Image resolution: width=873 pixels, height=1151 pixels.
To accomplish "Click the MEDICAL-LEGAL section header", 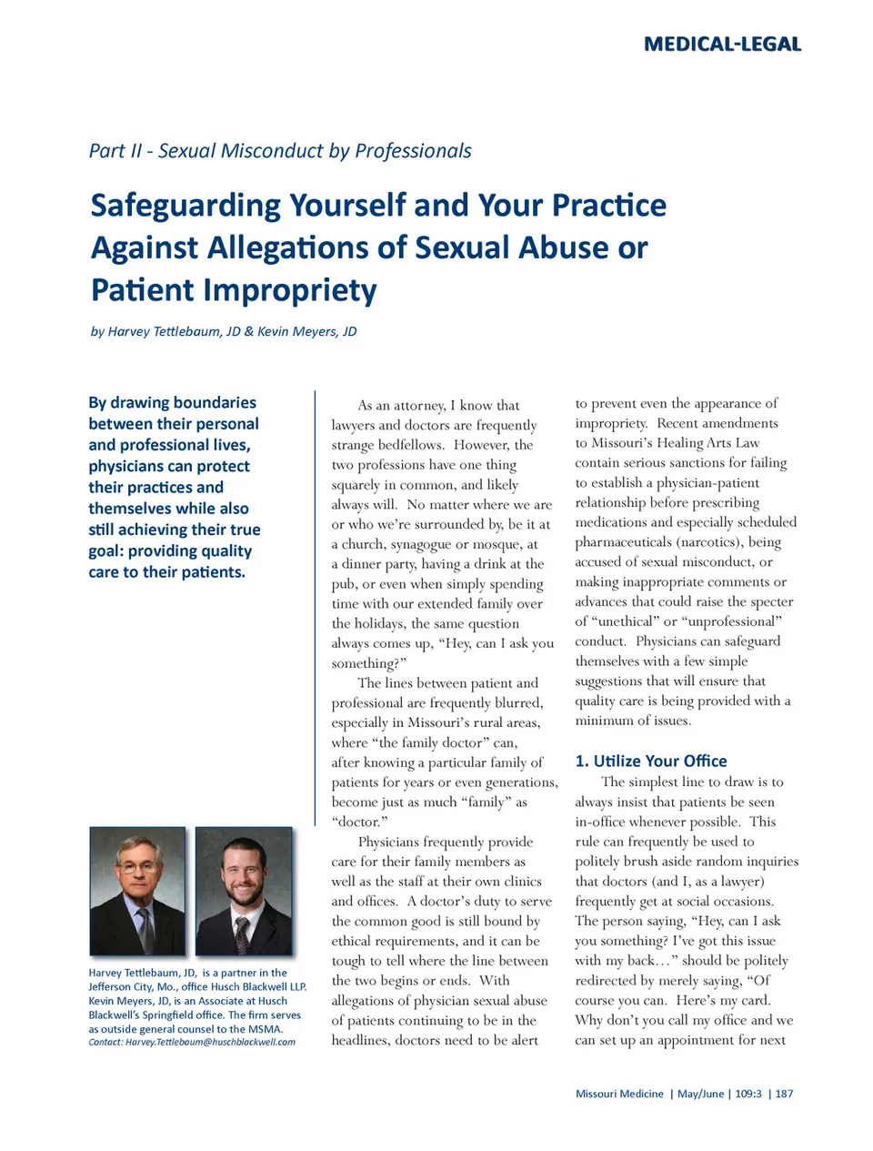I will pyautogui.click(x=722, y=44).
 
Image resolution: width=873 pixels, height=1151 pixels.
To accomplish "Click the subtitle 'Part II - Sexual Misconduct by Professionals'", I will pyautogui.click(x=280, y=150).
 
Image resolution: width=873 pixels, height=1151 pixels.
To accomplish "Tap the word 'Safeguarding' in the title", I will pyautogui.click(x=186, y=205).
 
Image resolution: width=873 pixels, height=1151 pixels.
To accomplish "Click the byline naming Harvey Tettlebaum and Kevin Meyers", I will pyautogui.click(x=224, y=331).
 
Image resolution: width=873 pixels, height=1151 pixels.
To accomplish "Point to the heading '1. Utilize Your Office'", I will pyautogui.click(x=651, y=761).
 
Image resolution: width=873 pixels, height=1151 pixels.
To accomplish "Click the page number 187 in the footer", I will pyautogui.click(x=784, y=1094).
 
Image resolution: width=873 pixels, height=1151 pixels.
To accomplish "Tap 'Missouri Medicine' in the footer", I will pyautogui.click(x=619, y=1094).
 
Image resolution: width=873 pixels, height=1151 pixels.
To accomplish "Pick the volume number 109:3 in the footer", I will pyautogui.click(x=748, y=1094).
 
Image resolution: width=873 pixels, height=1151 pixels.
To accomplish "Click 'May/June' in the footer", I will pyautogui.click(x=701, y=1094).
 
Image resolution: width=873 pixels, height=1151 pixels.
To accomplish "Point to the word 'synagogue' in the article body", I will pyautogui.click(x=426, y=544).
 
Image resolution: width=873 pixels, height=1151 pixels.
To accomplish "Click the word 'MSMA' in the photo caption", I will pyautogui.click(x=265, y=1029).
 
